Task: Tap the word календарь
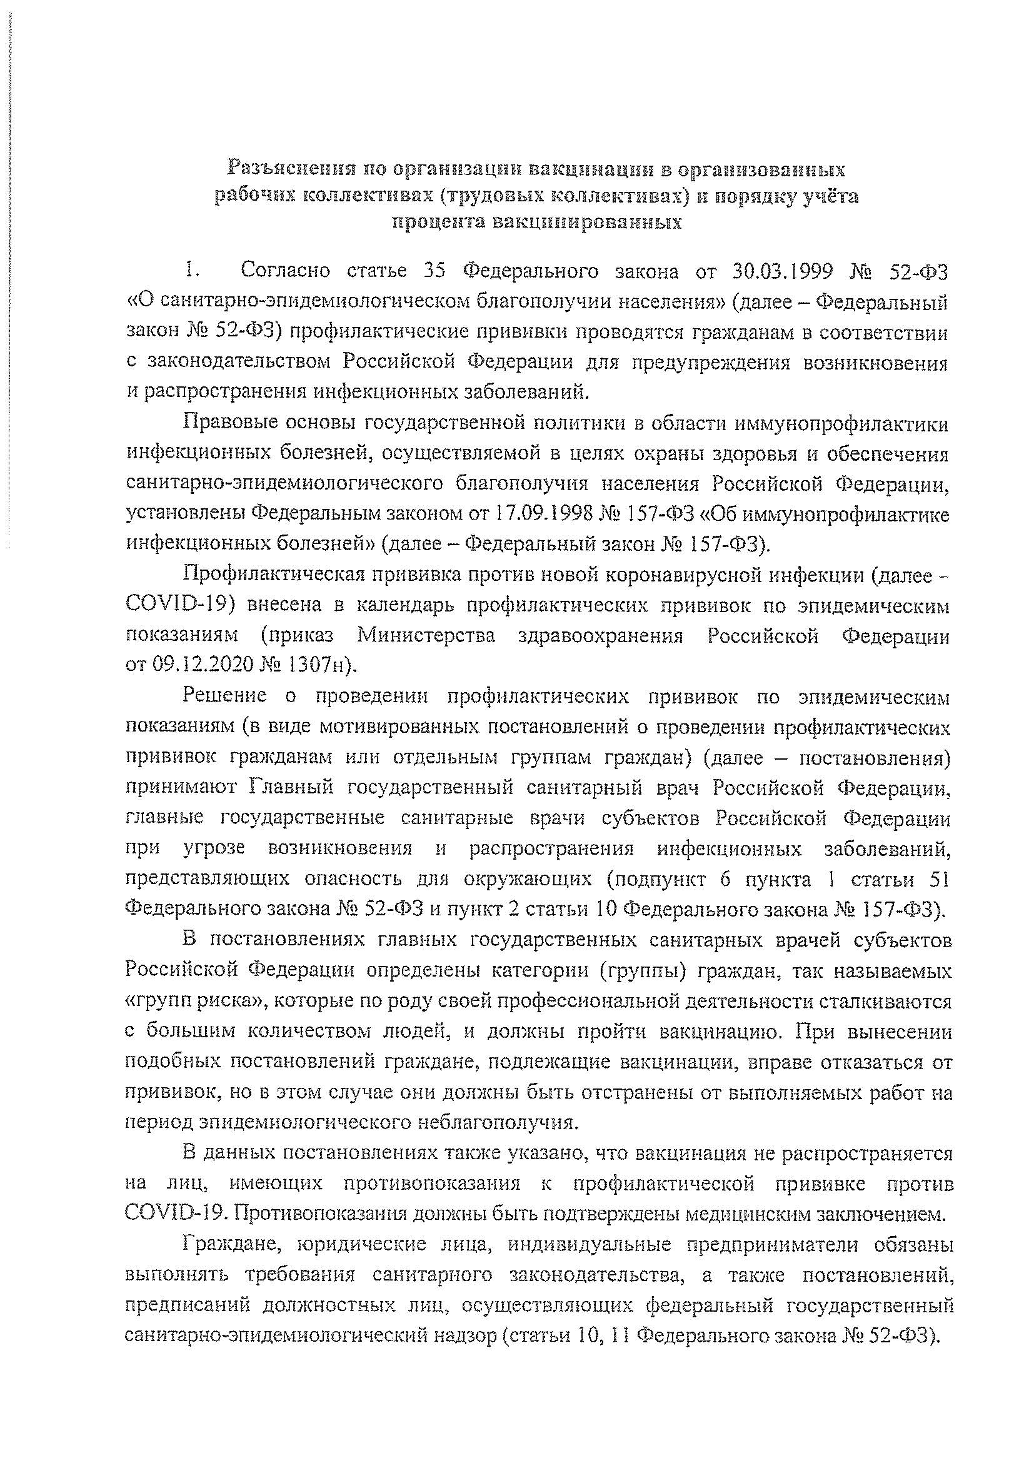402,605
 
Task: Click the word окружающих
528,880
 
